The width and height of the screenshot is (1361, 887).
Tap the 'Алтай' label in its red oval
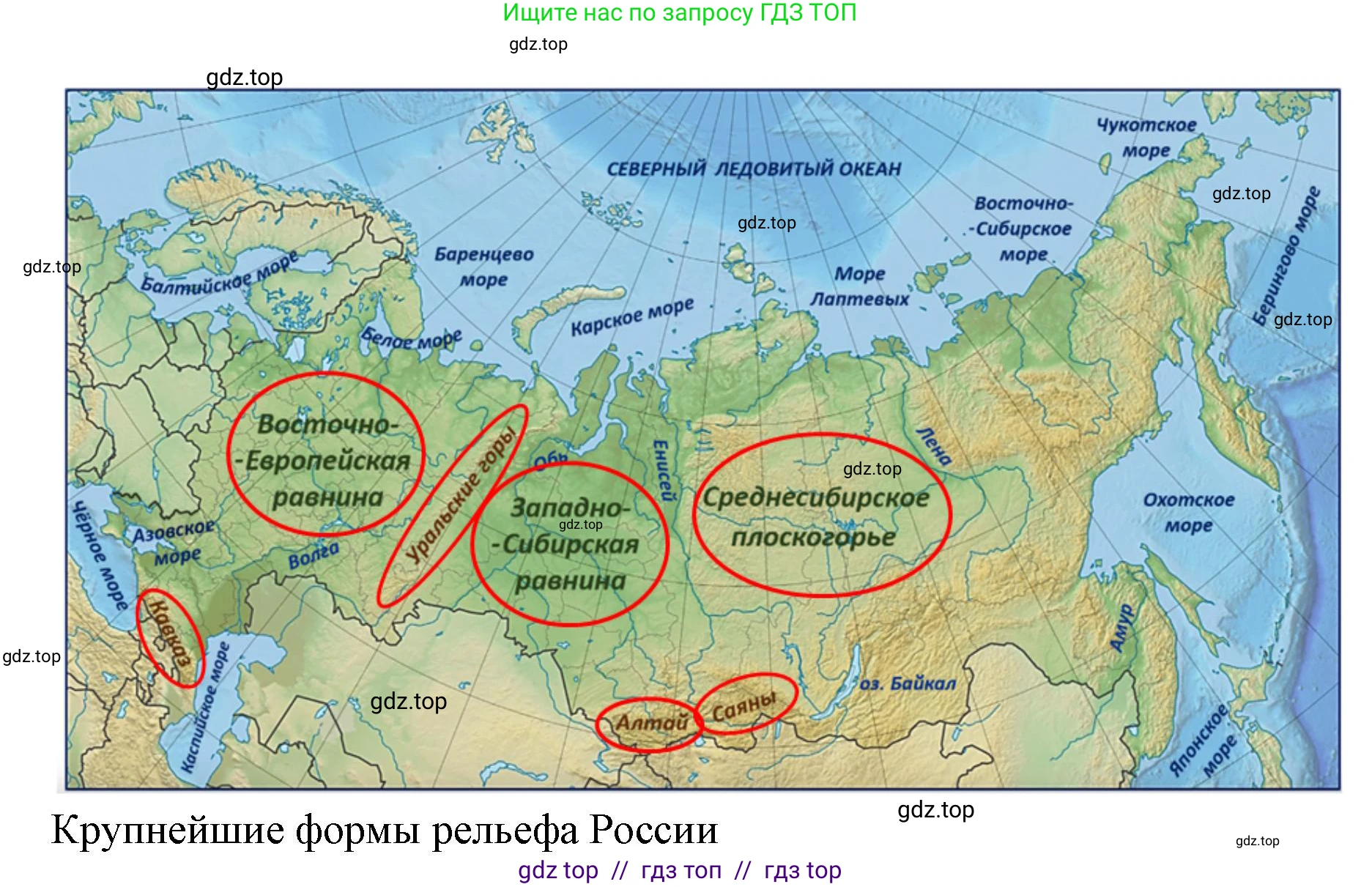click(x=650, y=723)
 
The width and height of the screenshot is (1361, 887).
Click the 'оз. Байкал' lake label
click(x=907, y=683)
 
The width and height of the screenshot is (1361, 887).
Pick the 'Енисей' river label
click(x=663, y=470)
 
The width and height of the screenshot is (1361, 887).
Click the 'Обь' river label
click(x=550, y=460)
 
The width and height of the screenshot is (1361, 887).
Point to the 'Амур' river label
click(x=1121, y=628)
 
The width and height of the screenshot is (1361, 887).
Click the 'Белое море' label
click(x=411, y=338)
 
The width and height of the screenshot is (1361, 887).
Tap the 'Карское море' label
click(x=632, y=316)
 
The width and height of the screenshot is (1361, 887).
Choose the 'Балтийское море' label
click(x=219, y=272)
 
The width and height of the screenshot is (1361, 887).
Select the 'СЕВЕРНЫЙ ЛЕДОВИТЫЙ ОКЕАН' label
click(x=754, y=169)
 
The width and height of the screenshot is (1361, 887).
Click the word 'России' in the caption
click(x=653, y=831)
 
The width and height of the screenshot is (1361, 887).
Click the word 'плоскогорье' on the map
click(x=813, y=538)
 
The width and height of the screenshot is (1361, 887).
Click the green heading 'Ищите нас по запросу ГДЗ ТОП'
click(x=679, y=12)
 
